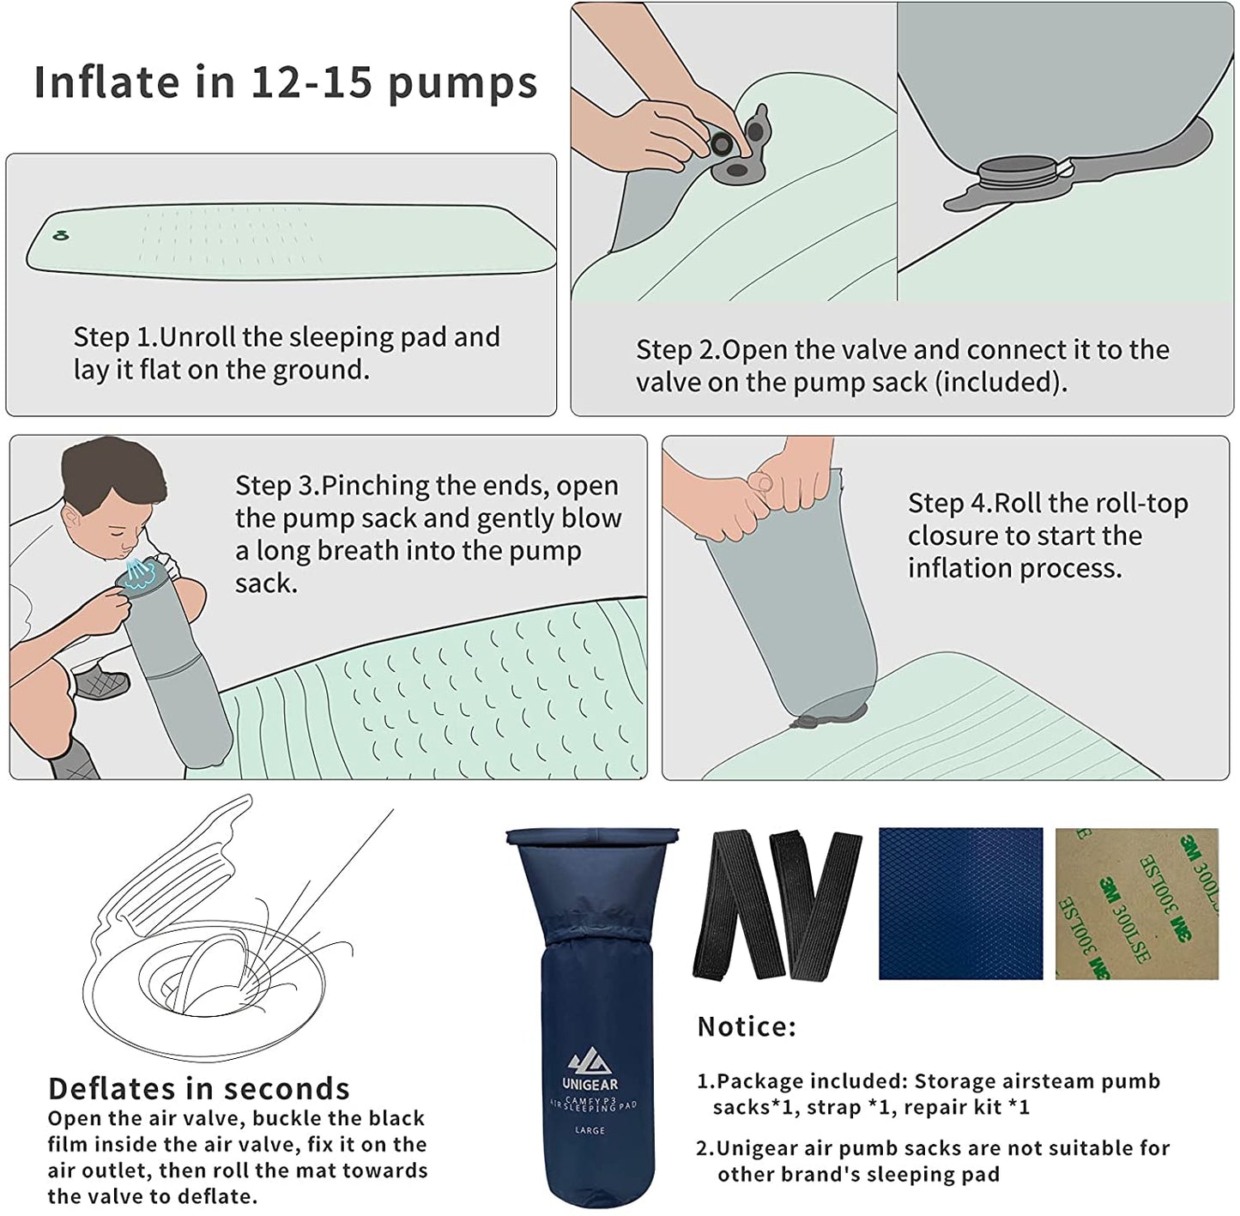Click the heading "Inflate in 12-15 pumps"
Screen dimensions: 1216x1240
(x=285, y=82)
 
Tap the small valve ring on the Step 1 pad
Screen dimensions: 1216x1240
(x=60, y=235)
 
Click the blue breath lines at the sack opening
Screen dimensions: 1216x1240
(x=137, y=572)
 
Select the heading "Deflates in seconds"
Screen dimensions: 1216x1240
(x=199, y=1089)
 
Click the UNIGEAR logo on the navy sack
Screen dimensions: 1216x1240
(x=590, y=1070)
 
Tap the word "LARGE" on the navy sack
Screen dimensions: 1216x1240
(x=590, y=1130)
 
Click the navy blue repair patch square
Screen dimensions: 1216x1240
(x=960, y=904)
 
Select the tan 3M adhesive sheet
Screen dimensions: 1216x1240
(x=1136, y=904)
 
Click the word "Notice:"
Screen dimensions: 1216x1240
(x=747, y=1026)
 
